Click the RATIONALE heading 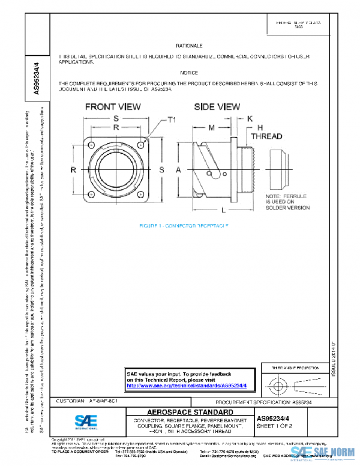pos(189,46)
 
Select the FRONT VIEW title pos(113,107)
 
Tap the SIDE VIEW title pos(217,107)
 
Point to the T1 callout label pos(171,120)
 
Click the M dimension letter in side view pos(211,128)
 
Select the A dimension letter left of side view pos(178,171)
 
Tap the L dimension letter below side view pos(223,211)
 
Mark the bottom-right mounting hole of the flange pos(140,194)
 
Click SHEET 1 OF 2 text pos(274,426)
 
